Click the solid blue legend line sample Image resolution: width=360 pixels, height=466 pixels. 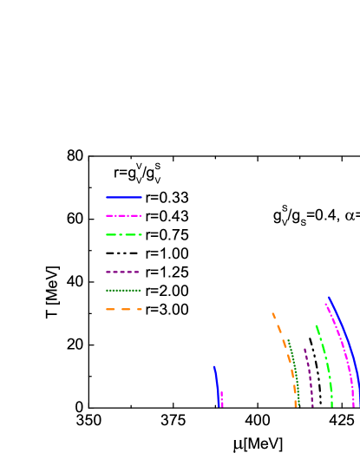123,198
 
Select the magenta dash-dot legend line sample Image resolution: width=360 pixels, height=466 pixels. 123,216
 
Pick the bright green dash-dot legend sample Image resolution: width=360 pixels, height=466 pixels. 123,234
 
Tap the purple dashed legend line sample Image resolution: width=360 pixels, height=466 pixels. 122,272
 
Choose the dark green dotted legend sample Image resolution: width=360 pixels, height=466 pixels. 123,291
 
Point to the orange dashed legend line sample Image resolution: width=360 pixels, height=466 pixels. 123,309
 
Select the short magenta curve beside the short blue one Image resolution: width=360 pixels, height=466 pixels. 222,399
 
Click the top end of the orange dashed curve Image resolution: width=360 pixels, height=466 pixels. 272,313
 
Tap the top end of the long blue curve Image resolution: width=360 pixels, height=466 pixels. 329,298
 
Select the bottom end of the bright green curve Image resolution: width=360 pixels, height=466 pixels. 331,406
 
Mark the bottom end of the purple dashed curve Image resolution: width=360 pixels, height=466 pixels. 312,406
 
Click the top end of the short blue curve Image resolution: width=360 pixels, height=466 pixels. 214,367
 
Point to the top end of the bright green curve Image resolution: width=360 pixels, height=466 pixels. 316,325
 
